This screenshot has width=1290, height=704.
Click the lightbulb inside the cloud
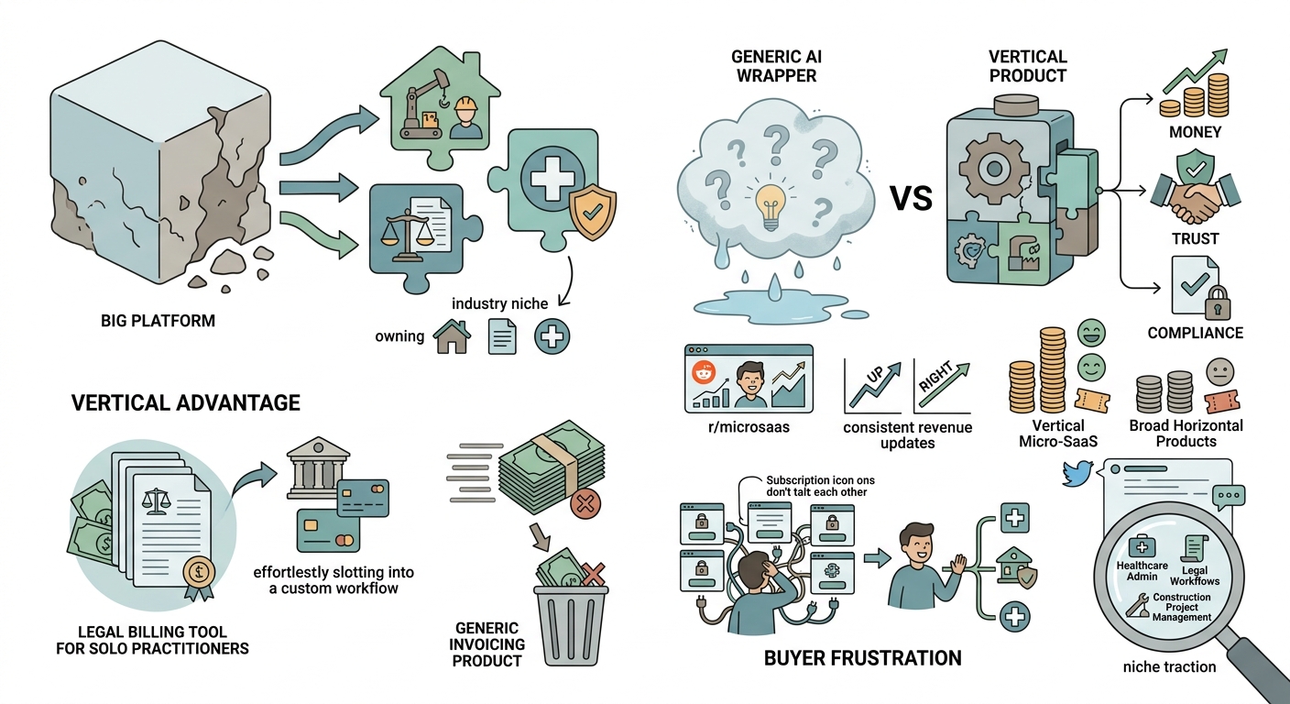(x=771, y=205)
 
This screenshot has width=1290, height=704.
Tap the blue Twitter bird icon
(x=1077, y=473)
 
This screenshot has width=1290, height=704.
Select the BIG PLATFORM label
(x=158, y=321)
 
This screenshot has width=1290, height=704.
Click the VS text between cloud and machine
(x=912, y=198)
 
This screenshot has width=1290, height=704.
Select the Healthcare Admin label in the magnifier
(x=1142, y=571)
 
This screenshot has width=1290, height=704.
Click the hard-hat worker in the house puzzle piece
(x=466, y=118)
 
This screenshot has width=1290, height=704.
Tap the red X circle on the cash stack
(x=585, y=505)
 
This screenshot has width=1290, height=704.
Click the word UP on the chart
(x=874, y=376)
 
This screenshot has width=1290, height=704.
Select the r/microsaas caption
(x=749, y=427)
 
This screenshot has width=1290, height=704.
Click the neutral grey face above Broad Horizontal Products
(x=1219, y=371)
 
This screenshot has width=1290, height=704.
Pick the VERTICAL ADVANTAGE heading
(x=185, y=402)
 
